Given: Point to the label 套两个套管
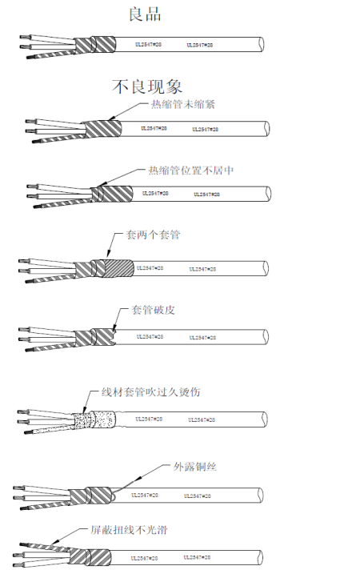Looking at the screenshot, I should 153,236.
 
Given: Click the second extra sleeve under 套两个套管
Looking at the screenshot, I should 118,267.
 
